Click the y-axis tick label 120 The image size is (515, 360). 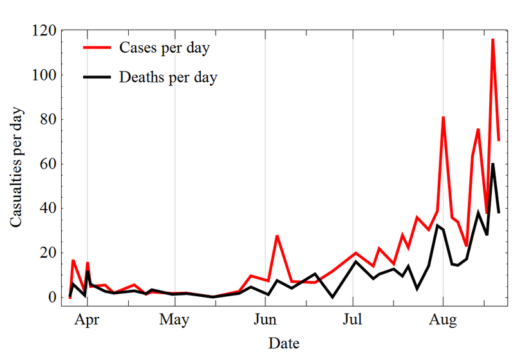click(44, 31)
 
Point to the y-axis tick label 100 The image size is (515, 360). click(44, 75)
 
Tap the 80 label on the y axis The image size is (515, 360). click(48, 120)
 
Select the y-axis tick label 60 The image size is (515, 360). click(48, 164)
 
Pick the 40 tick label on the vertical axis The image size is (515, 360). click(48, 209)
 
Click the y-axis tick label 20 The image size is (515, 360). click(48, 253)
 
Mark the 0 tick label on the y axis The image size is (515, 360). click(52, 298)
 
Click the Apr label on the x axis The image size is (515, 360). click(87, 319)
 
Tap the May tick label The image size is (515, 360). click(174, 319)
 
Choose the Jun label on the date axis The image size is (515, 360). click(265, 319)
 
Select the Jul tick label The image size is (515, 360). click(352, 319)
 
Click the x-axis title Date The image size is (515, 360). click(284, 343)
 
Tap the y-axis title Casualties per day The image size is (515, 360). click(17, 167)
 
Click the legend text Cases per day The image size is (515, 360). click(164, 48)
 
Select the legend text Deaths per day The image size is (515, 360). click(168, 78)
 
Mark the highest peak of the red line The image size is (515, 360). click(492, 39)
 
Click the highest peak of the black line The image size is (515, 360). click(493, 164)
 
